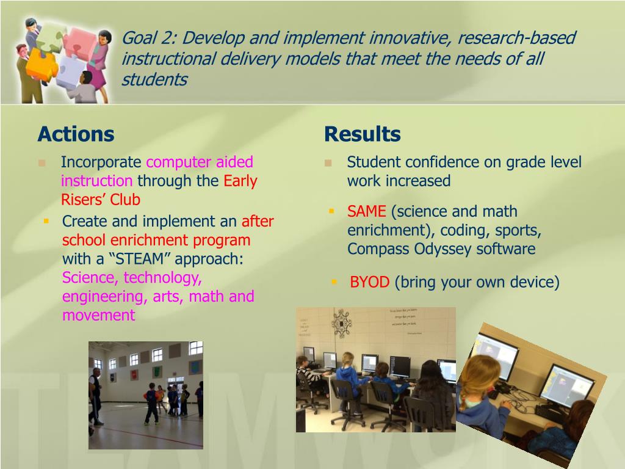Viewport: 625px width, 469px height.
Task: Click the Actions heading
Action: tap(76, 134)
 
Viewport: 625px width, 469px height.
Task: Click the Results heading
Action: tap(363, 134)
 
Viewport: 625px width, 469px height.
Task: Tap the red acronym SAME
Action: tap(366, 211)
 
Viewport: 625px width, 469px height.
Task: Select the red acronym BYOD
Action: tap(369, 282)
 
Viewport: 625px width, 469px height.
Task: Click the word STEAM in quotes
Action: tap(139, 259)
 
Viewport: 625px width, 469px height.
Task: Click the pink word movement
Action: tap(98, 316)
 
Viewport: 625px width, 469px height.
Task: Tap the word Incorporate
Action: tap(101, 162)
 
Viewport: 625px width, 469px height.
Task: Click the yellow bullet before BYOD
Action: tap(334, 282)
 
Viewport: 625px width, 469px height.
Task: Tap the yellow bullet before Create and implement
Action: tap(46, 220)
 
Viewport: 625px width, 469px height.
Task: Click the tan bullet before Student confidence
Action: tap(328, 162)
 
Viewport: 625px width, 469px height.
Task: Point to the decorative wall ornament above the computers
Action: tap(342, 324)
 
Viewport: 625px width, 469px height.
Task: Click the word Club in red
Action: tap(125, 200)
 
